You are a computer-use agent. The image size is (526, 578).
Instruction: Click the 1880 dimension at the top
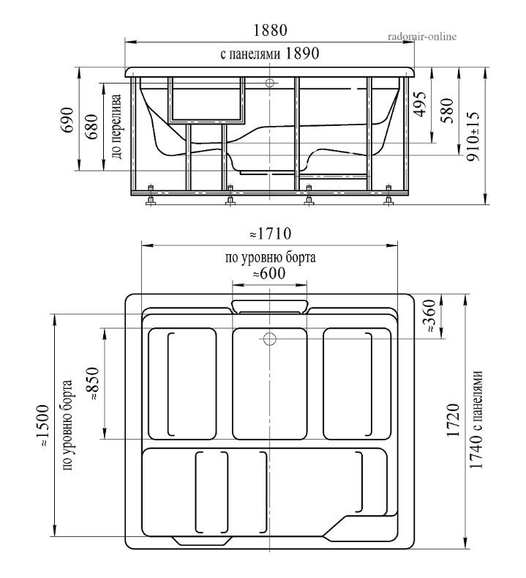point(270,30)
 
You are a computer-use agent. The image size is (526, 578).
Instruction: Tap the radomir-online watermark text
point(422,36)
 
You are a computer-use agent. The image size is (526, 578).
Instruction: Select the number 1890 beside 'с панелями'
point(302,53)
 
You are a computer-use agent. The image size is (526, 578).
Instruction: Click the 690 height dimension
point(68,120)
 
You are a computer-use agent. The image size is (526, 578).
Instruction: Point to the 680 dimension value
point(92,127)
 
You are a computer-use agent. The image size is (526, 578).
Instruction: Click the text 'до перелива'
point(116,127)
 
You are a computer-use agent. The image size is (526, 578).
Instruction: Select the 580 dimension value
point(447,110)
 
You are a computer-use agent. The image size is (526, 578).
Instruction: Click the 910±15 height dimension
point(473,136)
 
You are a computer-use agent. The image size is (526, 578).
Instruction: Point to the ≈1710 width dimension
point(271,234)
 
